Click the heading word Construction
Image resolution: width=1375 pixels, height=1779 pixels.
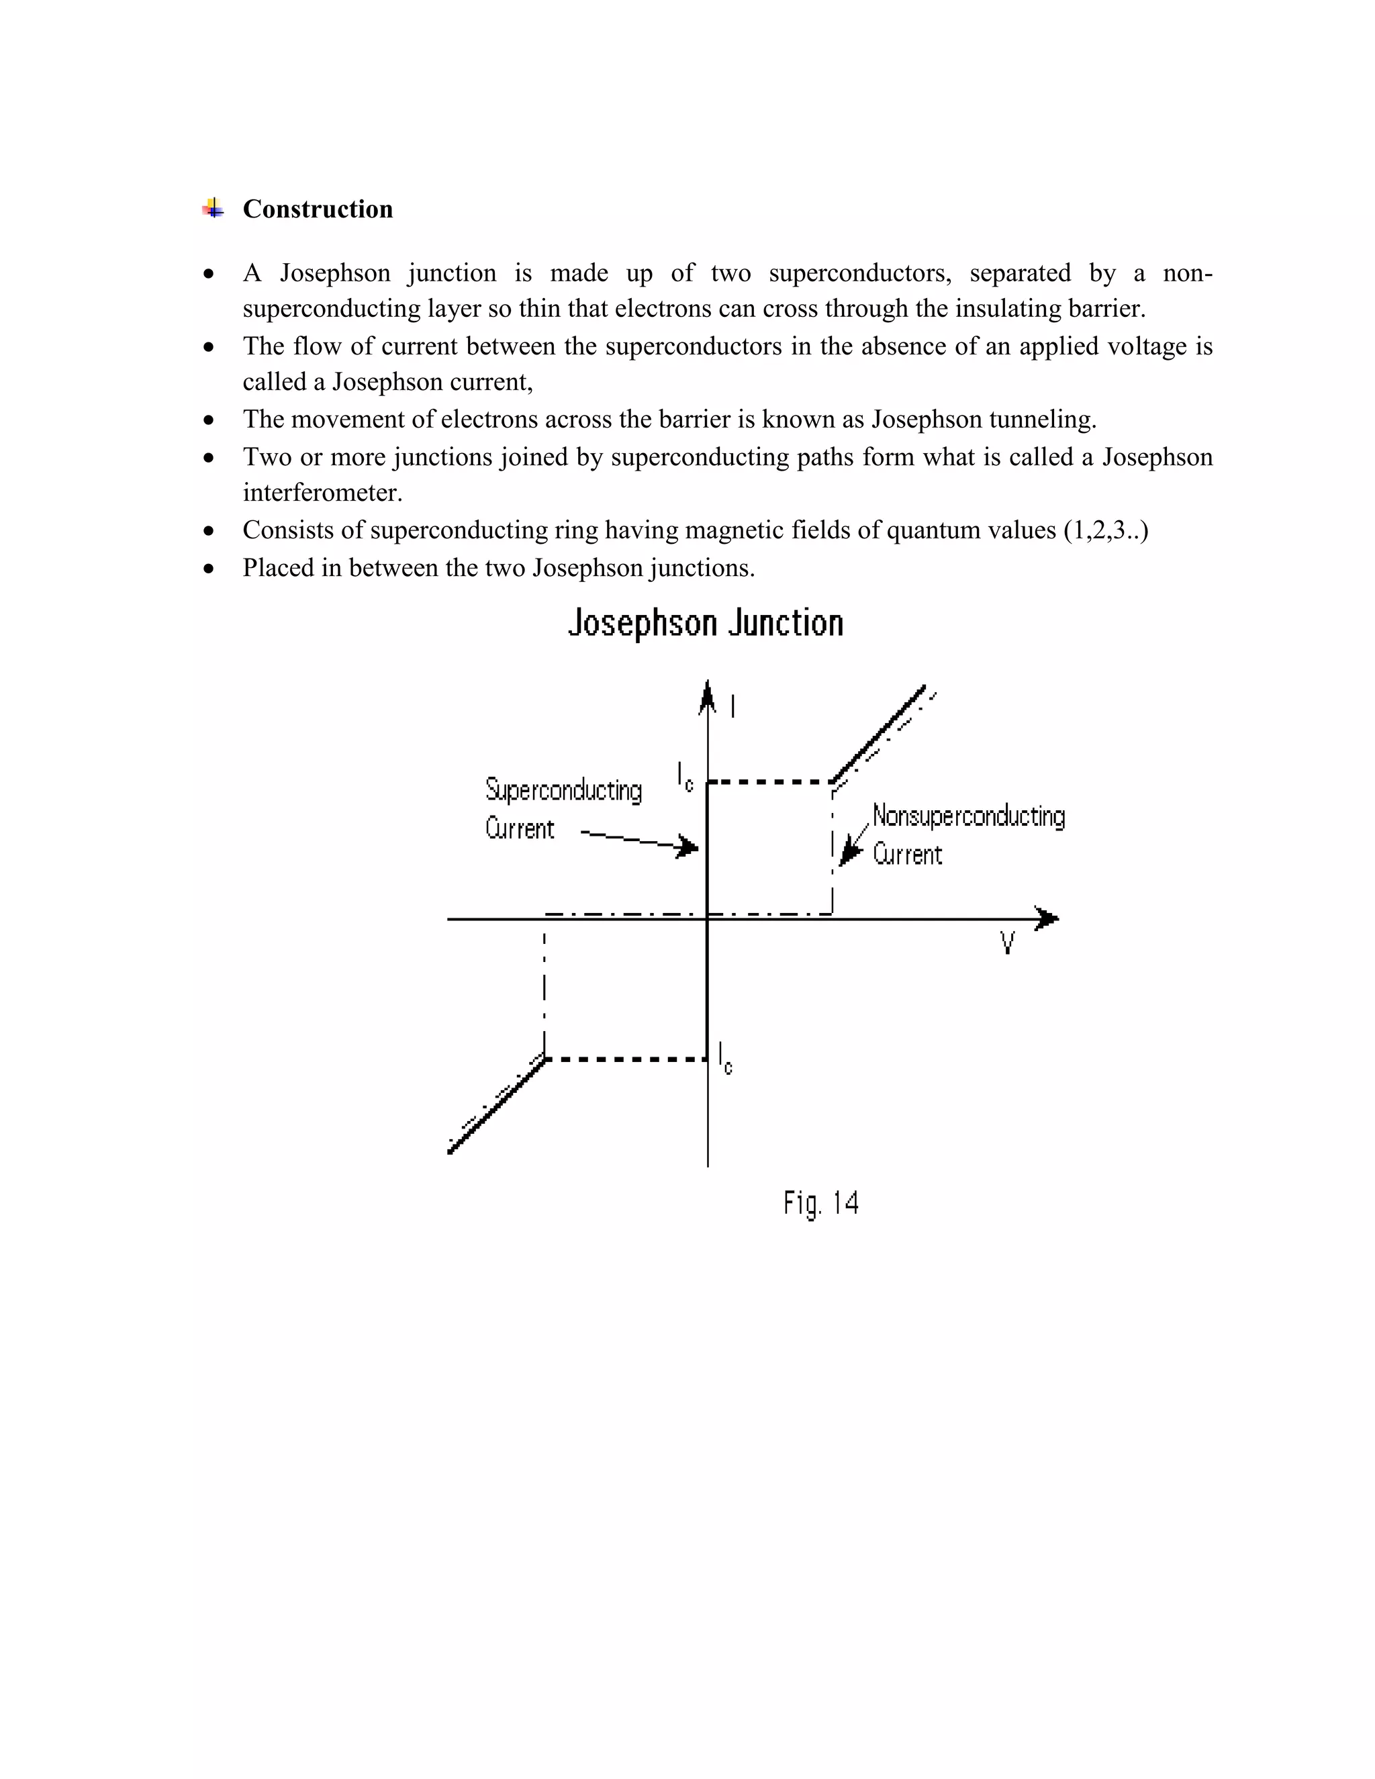coord(318,209)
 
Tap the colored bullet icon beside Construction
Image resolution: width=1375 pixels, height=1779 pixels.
coord(213,209)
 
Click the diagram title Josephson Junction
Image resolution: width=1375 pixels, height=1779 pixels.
coord(706,623)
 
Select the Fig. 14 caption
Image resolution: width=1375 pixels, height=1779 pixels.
coord(821,1202)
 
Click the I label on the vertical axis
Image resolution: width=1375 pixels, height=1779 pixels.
coord(733,706)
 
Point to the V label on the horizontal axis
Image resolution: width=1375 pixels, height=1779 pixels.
coord(1008,943)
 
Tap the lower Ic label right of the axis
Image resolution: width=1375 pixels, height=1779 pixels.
coord(725,1058)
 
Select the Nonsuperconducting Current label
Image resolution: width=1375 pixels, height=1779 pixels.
coord(967,834)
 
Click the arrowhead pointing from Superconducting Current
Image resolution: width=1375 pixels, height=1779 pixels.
coord(689,847)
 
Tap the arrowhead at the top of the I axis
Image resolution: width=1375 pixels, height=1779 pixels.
coord(708,698)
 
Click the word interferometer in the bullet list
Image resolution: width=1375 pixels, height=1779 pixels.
coord(322,493)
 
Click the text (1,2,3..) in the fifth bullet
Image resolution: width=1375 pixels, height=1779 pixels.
coord(1105,530)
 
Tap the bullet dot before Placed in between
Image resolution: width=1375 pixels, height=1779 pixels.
coord(209,568)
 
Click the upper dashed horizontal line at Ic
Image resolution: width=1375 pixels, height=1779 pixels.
coord(769,782)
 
